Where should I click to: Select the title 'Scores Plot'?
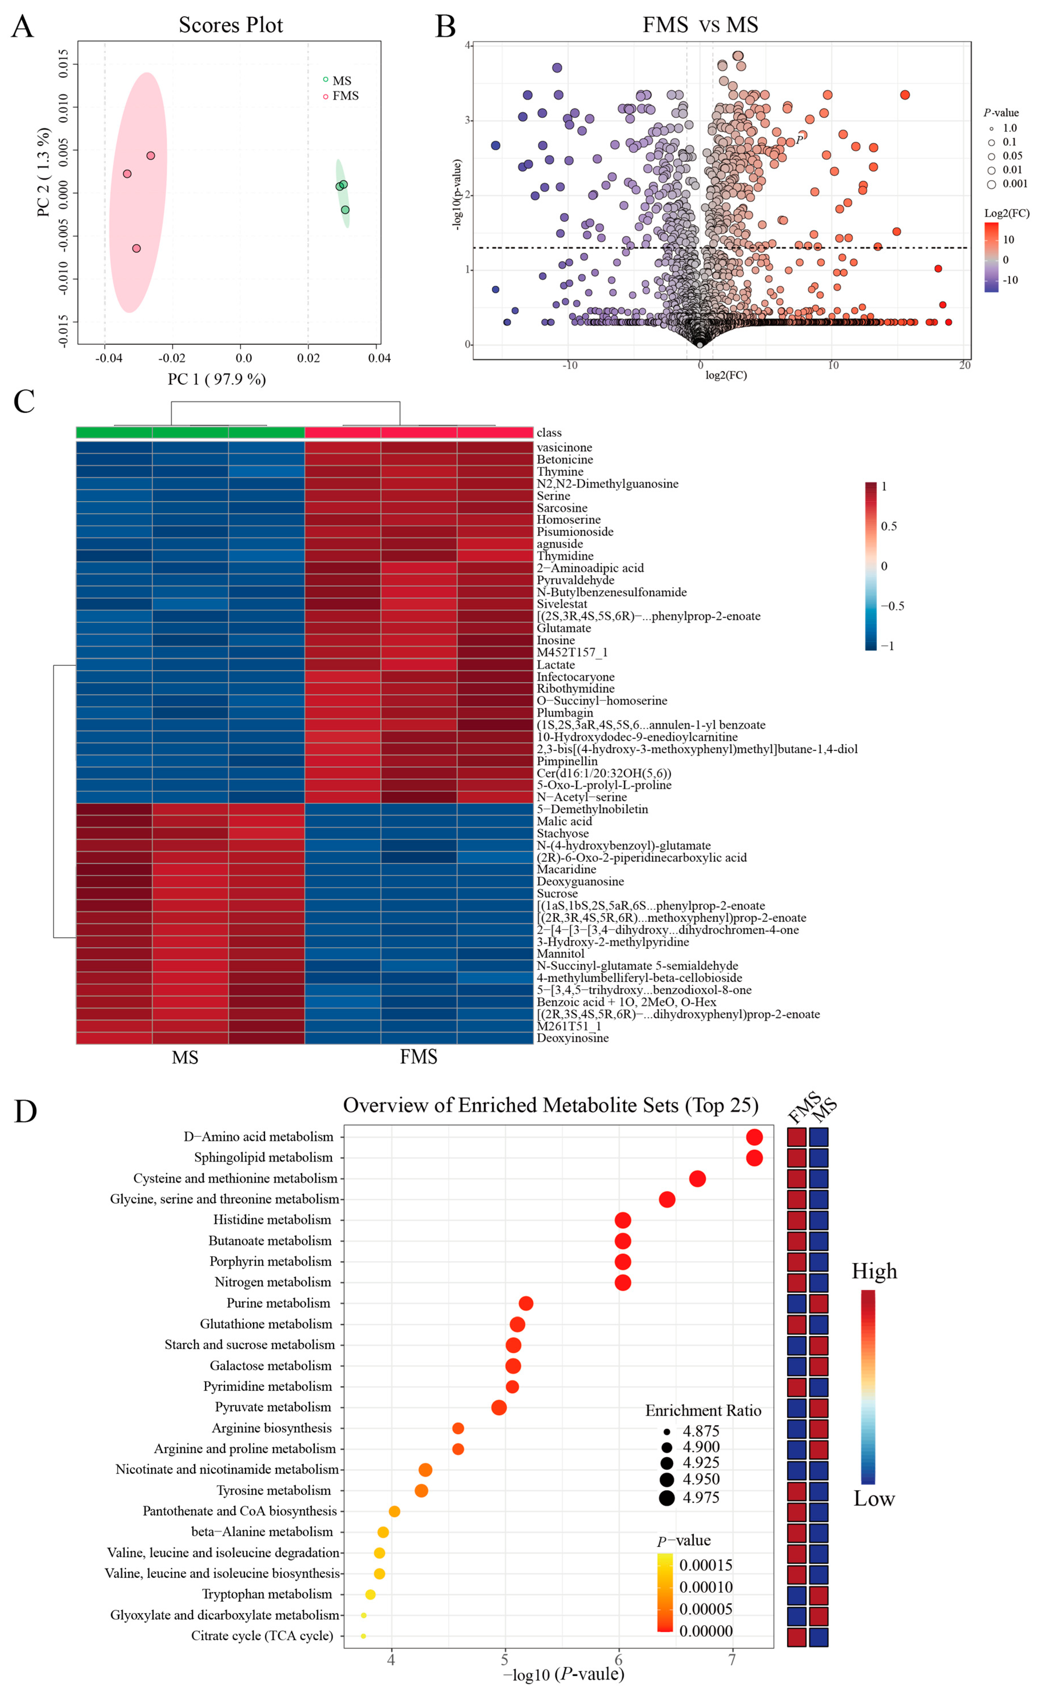[x=231, y=25]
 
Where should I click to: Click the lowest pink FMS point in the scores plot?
[x=136, y=248]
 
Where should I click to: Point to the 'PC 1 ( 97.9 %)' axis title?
[x=217, y=379]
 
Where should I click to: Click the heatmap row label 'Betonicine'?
[x=565, y=460]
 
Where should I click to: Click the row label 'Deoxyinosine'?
[x=572, y=1038]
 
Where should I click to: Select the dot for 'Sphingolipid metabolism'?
[x=754, y=1158]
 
